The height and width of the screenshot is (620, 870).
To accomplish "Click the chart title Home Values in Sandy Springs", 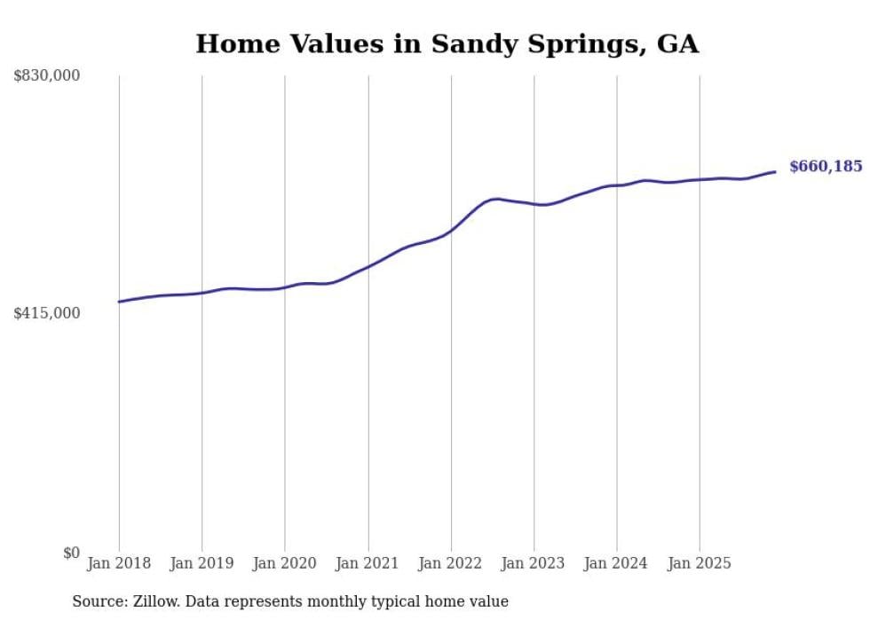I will pos(447,43).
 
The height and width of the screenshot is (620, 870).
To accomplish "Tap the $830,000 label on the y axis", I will pos(46,76).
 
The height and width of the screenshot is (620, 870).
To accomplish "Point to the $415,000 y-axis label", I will pos(46,313).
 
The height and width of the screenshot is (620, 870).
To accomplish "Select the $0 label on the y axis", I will pos(71,553).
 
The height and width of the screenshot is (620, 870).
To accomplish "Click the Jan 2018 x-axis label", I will pos(119,563).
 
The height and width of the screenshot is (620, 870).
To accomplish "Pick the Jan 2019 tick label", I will pos(202,563).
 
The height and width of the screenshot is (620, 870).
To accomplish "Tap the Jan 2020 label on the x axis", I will pos(285,563).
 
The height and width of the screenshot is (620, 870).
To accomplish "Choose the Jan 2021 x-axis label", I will pos(368,563).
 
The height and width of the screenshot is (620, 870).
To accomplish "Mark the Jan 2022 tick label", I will pos(451,563).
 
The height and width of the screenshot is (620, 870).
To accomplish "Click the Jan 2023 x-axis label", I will pos(534,563).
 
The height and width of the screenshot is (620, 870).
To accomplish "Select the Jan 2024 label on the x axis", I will pos(617,563).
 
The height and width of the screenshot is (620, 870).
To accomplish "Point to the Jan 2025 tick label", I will pos(700,563).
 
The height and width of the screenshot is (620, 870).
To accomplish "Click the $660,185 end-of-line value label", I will pos(826,167).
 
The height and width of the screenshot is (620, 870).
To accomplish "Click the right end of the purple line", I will pos(775,172).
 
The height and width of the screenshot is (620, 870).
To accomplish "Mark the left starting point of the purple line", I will pos(119,302).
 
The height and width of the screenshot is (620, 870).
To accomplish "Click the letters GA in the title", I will pos(678,43).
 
